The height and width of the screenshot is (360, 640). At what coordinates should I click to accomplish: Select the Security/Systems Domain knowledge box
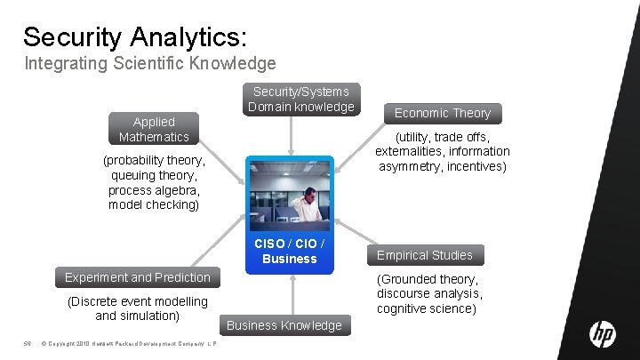coord(301,100)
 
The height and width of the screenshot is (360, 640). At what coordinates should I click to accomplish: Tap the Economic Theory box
coord(442,113)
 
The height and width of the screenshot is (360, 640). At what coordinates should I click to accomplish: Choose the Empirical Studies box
coord(426,255)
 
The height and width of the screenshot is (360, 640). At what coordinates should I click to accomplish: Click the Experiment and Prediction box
coord(138,277)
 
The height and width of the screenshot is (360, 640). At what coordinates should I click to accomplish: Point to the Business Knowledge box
coord(284,325)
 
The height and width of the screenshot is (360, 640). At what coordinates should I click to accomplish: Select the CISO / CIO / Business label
coord(290,251)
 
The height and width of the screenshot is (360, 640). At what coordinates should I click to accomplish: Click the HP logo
coord(602,334)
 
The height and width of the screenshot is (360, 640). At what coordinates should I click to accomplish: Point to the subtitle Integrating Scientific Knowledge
coord(150,64)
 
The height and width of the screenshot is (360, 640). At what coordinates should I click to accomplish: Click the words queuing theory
coord(154,176)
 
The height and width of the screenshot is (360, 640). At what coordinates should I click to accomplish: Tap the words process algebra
coord(154,190)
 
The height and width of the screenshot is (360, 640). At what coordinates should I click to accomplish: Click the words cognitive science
coord(426,308)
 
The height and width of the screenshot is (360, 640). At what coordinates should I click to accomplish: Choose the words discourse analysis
coord(429,293)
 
